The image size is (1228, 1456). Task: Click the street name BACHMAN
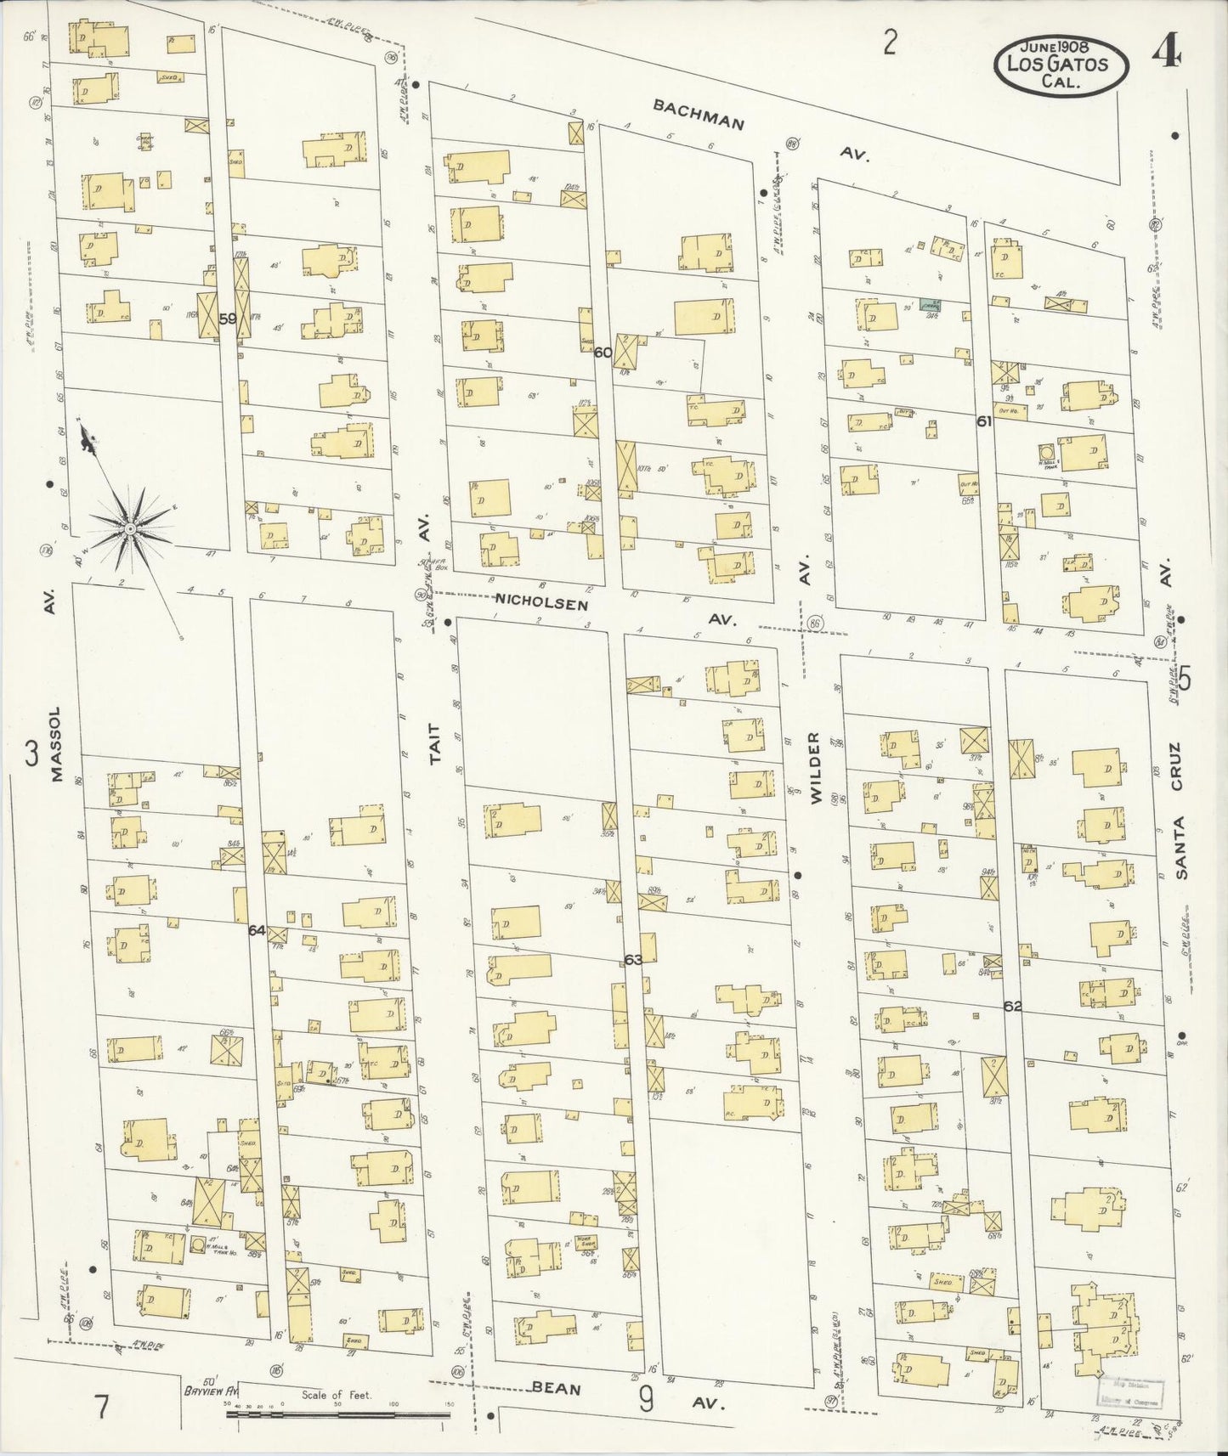pos(699,114)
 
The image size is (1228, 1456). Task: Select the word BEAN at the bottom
pos(557,1388)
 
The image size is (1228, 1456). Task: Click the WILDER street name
pos(816,768)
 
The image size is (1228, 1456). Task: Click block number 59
pos(227,319)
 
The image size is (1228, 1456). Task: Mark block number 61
pos(984,420)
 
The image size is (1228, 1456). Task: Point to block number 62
pos(1011,1006)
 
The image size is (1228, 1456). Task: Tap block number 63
pos(633,959)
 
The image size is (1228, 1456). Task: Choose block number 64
pos(257,930)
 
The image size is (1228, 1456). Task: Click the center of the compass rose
pos(130,528)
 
